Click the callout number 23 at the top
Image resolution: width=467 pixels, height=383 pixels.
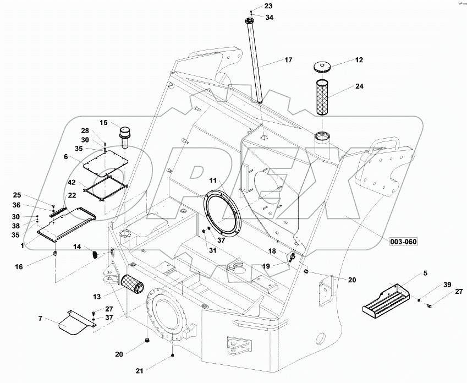click(x=252, y=6)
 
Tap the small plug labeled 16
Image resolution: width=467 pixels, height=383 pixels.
click(x=56, y=253)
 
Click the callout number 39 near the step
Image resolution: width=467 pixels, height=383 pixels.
click(x=447, y=284)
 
